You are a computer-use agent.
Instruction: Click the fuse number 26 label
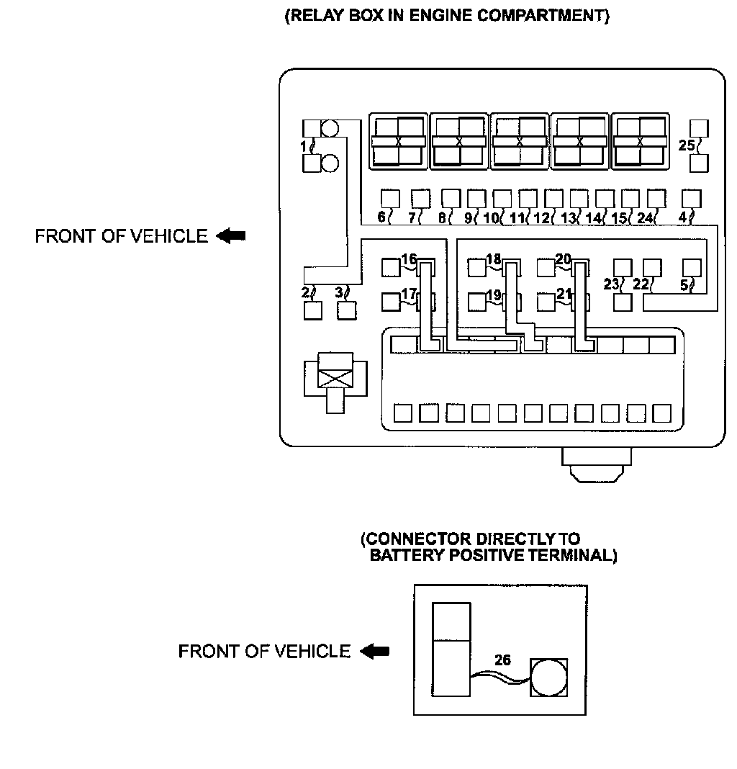tap(503, 660)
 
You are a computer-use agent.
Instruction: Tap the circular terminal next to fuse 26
tap(549, 678)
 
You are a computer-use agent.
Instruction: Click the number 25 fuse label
tap(687, 145)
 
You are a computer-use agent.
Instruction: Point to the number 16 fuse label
tap(409, 259)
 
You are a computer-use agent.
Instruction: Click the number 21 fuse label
tap(564, 294)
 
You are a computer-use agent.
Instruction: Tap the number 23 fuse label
tap(612, 284)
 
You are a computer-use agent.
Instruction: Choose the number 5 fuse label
tap(684, 284)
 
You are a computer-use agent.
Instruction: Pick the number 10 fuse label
tap(491, 217)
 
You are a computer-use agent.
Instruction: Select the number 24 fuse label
tap(646, 217)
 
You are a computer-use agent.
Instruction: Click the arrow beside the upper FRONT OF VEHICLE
tap(231, 235)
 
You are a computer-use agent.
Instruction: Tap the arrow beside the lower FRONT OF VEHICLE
tap(374, 651)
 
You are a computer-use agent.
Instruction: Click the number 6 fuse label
tap(382, 217)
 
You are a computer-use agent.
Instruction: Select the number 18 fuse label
tap(494, 259)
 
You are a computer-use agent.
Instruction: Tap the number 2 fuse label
tap(305, 292)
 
